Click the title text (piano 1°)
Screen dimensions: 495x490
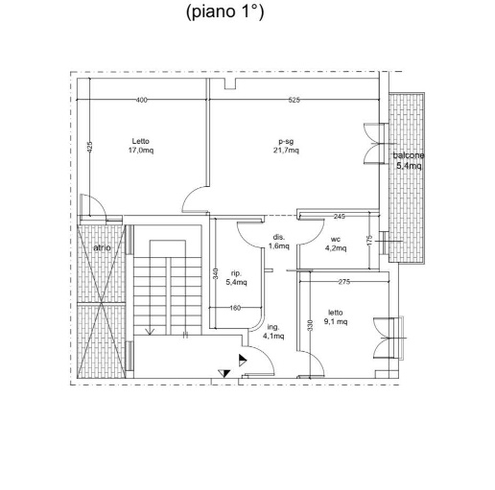[x=225, y=12]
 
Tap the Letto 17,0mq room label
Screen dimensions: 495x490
[x=141, y=146]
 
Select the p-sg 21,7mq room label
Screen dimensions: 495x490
[x=286, y=146]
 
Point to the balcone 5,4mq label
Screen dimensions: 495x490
[x=409, y=161]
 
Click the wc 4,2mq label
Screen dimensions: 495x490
[x=336, y=244]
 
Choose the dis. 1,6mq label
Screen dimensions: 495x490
[x=279, y=242]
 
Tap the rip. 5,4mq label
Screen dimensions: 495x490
[x=236, y=278]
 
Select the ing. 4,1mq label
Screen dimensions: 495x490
[x=273, y=332]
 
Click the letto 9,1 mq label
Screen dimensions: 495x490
[x=336, y=317]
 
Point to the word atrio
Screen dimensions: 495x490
[x=102, y=247]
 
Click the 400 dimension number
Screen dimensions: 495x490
[x=141, y=100]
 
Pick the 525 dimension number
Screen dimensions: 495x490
[x=294, y=100]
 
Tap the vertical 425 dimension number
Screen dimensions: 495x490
[x=90, y=147]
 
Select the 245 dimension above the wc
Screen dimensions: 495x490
[x=339, y=217]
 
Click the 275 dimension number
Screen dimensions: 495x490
[x=344, y=282]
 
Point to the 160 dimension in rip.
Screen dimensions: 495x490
[x=235, y=308]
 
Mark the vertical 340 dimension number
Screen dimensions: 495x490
[x=216, y=273]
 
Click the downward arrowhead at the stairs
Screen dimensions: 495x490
[x=150, y=332]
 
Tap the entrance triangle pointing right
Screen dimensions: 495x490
[x=243, y=361]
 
